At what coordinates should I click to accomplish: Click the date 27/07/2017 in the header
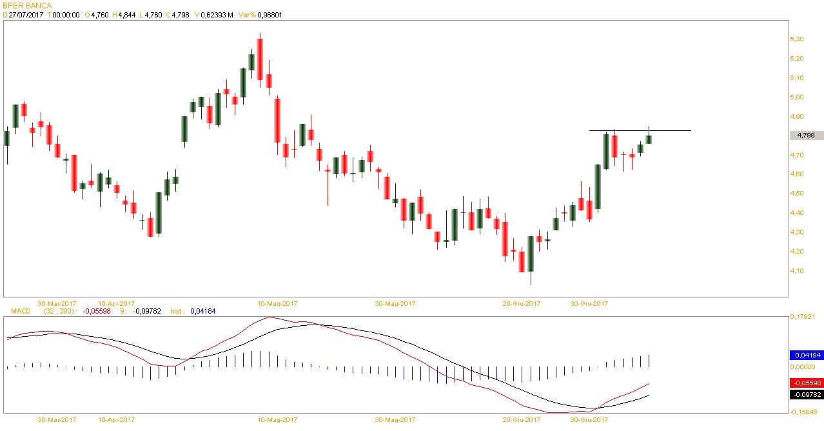pos(26,15)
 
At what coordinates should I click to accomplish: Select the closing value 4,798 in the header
pos(180,15)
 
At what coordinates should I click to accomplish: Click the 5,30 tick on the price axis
pos(796,39)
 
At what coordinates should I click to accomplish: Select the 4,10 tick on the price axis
pos(796,271)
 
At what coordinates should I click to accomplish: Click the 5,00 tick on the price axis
pos(796,97)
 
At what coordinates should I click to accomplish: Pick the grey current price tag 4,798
pos(806,135)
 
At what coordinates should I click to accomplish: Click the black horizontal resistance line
pos(671,131)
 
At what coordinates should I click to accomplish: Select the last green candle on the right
pos(649,139)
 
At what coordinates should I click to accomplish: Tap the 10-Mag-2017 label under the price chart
pos(277,303)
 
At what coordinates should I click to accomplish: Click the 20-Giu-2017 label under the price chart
pos(522,303)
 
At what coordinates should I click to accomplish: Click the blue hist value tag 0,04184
pos(806,355)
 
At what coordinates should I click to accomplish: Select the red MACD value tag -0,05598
pos(806,383)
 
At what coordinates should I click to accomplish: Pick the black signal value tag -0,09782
pos(806,394)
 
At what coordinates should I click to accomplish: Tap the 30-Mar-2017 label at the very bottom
pos(57,420)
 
